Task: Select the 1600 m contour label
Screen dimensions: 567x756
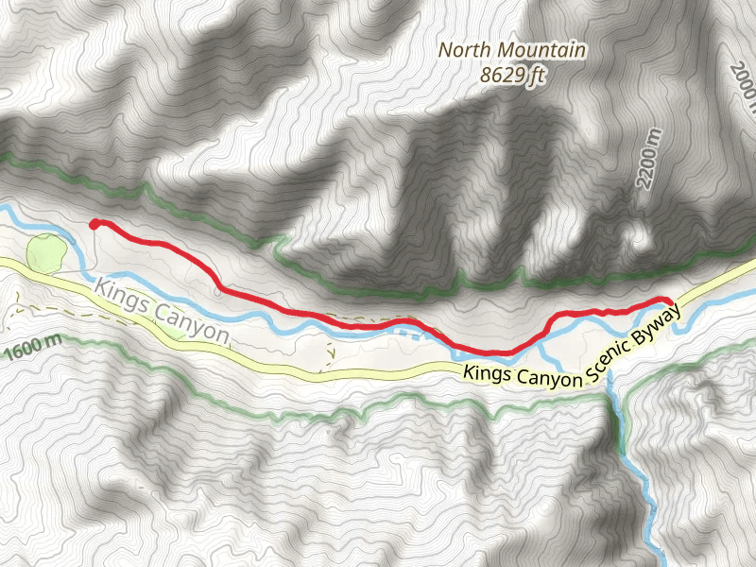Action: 33,350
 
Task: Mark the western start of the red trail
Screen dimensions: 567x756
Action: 94,224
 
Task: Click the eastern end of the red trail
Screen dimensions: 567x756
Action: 669,301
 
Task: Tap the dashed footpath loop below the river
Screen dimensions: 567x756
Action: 329,352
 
